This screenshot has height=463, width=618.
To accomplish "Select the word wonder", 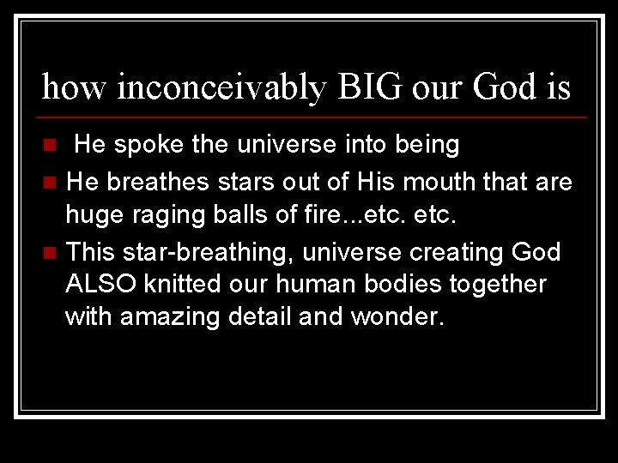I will pyautogui.click(x=397, y=316).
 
